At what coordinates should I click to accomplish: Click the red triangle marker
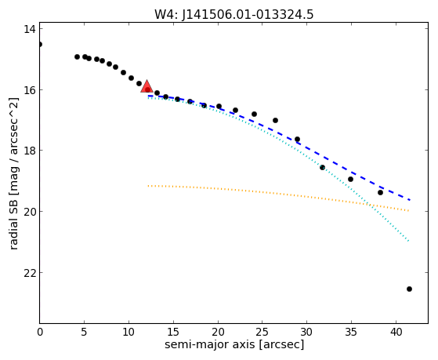pos(147,87)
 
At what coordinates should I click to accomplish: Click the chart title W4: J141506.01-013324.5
pos(234,15)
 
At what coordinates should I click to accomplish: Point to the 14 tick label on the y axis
pos(29,29)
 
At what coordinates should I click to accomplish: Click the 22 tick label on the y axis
pos(29,273)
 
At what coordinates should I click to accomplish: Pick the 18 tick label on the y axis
pos(29,151)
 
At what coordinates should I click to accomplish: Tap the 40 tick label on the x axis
pos(396,332)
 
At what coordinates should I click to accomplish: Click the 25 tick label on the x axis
pos(262,332)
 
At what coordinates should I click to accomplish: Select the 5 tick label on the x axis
pos(84,332)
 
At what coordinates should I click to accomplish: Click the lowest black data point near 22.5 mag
pos(409,289)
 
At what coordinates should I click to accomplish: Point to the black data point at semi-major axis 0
pos(40,44)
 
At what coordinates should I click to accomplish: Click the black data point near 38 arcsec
pos(380,192)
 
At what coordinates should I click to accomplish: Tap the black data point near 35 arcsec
pos(350,179)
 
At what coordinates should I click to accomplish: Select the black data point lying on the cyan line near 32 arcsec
pos(322,168)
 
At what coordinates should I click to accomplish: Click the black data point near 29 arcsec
pos(297,140)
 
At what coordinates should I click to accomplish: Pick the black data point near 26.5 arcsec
pos(275,120)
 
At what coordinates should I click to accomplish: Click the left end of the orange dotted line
pos(148,186)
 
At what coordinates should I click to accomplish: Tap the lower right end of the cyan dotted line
pos(409,241)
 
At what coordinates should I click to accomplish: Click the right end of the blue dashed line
pos(410,200)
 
